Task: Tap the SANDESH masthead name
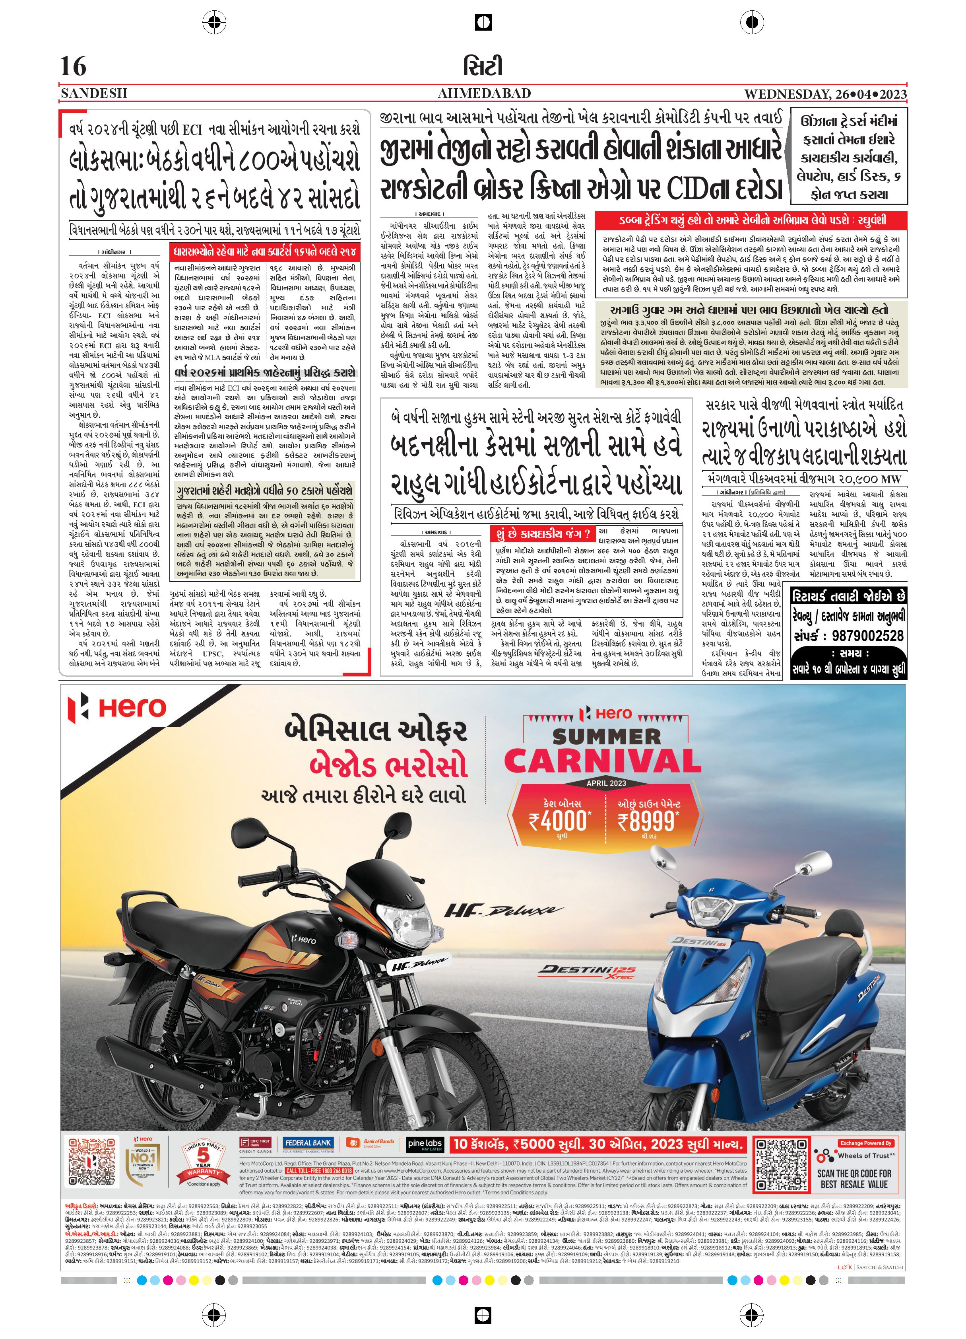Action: (94, 93)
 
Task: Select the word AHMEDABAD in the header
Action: (484, 93)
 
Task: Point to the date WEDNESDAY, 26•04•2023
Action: (825, 94)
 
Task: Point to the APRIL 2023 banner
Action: (606, 783)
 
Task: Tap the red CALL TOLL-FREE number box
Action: (319, 1170)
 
